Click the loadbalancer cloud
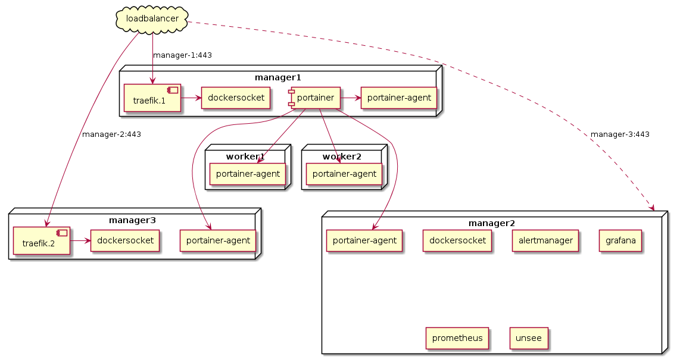(152, 18)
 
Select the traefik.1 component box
(152, 98)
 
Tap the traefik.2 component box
(42, 240)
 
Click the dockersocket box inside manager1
(236, 98)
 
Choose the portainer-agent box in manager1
(399, 98)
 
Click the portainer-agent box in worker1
(247, 174)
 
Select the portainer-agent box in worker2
(344, 174)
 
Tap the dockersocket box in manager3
(125, 240)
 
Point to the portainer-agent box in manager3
(218, 240)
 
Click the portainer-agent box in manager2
(364, 240)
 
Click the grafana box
(620, 240)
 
